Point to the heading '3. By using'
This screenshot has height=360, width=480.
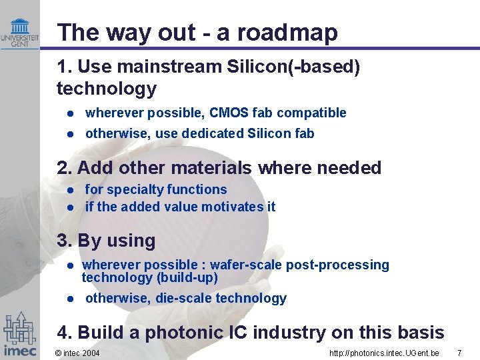point(106,240)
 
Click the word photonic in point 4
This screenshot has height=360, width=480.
point(187,332)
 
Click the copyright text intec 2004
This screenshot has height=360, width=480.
point(77,352)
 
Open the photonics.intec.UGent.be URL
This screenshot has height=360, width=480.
point(384,352)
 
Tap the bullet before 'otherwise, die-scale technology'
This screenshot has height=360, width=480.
point(69,299)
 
